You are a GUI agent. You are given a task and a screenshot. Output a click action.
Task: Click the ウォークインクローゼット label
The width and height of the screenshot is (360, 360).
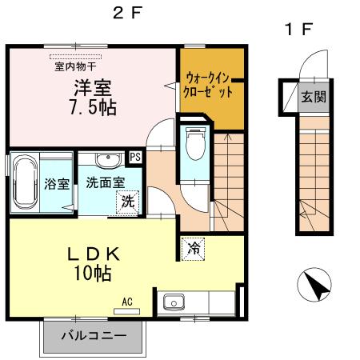tap(210, 85)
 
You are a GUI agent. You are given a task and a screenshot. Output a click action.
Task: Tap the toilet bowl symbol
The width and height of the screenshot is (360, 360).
tap(192, 147)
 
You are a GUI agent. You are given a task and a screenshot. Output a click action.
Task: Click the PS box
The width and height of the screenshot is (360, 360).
tap(135, 158)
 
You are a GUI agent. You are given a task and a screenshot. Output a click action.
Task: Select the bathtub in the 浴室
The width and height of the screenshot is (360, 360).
tap(24, 182)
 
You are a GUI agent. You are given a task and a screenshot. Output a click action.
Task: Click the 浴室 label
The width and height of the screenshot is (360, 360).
tap(55, 182)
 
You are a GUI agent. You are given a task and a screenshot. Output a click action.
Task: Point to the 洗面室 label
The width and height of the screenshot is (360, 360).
tap(105, 181)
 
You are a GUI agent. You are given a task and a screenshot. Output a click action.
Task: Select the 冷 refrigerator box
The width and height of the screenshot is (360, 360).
tap(193, 249)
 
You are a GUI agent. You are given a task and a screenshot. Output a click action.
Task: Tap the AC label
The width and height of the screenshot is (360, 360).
tap(126, 302)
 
